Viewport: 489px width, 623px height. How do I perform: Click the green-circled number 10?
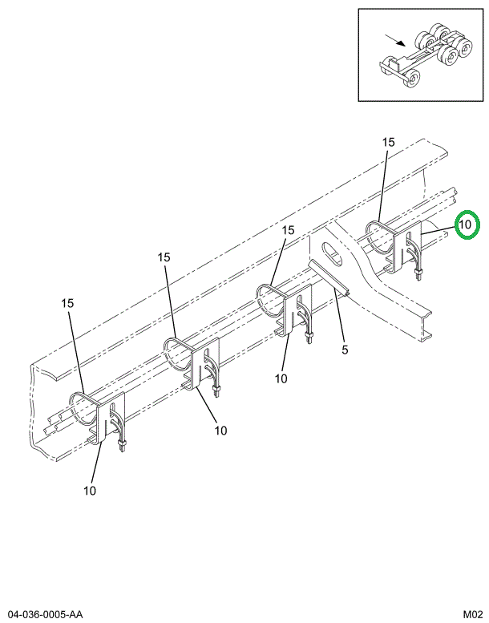466,225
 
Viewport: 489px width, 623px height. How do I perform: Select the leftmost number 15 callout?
68,303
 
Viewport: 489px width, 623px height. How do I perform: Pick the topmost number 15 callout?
388,142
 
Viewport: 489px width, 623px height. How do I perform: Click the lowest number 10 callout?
89,490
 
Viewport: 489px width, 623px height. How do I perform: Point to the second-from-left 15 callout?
164,257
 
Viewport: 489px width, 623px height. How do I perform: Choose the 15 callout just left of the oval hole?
288,230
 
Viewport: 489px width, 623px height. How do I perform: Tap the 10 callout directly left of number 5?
281,378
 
